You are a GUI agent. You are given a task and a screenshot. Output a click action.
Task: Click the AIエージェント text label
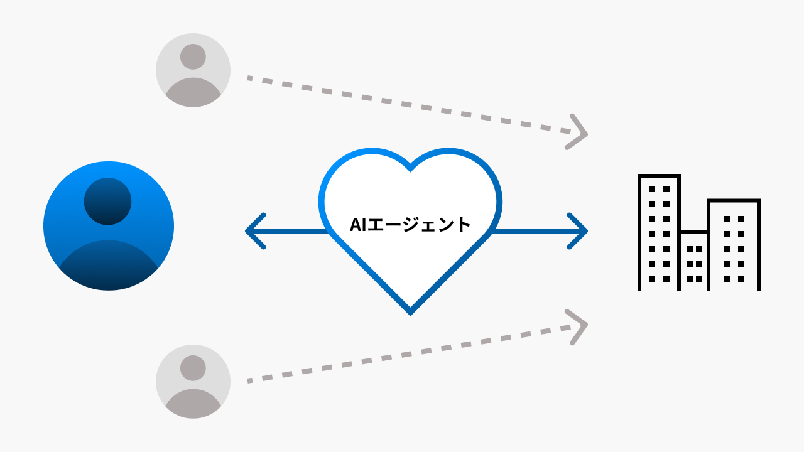tap(410, 224)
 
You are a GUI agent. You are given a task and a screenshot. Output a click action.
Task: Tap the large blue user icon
tap(109, 226)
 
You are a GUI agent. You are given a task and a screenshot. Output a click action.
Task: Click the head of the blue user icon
tap(107, 201)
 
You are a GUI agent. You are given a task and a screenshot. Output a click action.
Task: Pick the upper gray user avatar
tap(193, 70)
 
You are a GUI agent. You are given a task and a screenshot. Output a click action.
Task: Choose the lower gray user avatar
tap(193, 381)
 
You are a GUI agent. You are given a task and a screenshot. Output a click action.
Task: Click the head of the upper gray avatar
tap(193, 56)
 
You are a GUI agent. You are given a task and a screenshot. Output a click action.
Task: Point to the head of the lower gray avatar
tap(193, 368)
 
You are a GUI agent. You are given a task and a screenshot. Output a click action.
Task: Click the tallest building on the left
tap(659, 232)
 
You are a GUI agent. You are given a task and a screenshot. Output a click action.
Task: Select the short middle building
tap(694, 261)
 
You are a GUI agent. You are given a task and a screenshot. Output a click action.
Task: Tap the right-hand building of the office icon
tap(734, 245)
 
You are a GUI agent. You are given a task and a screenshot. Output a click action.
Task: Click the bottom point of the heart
tap(410, 313)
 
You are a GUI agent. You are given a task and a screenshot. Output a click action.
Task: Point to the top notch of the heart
tap(410, 168)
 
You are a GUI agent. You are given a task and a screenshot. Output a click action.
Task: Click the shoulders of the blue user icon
tap(108, 267)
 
